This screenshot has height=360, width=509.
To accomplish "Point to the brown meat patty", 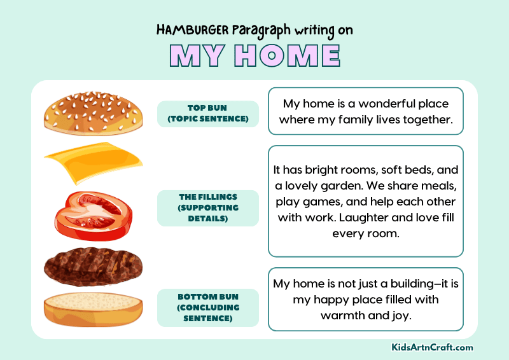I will click(x=93, y=266).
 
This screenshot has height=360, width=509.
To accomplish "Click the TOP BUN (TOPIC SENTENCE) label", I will click(x=207, y=114).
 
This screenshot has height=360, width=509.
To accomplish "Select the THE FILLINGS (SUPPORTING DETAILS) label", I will click(x=207, y=208).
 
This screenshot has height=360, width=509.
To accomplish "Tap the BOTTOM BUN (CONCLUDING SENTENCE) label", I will click(x=207, y=307).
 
